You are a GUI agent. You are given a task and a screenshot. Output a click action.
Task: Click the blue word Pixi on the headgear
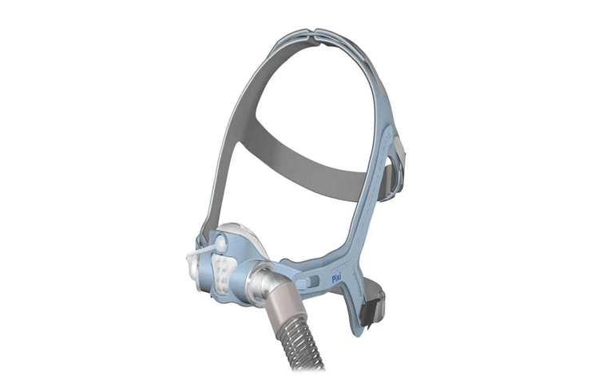click(x=336, y=278)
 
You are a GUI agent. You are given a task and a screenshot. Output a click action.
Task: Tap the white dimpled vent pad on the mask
click(x=222, y=268)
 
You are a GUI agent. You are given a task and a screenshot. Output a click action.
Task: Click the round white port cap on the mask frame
click(x=221, y=243)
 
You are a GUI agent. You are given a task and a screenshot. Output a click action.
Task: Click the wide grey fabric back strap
click(x=310, y=163)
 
